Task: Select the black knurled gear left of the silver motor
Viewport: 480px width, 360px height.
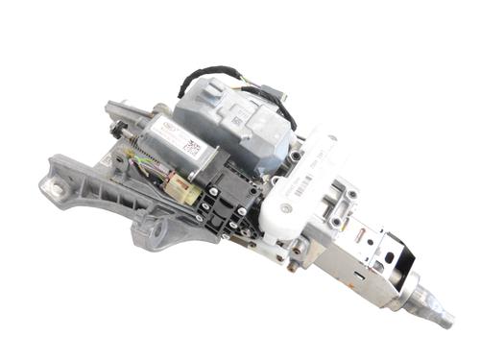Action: pos(117,129)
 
